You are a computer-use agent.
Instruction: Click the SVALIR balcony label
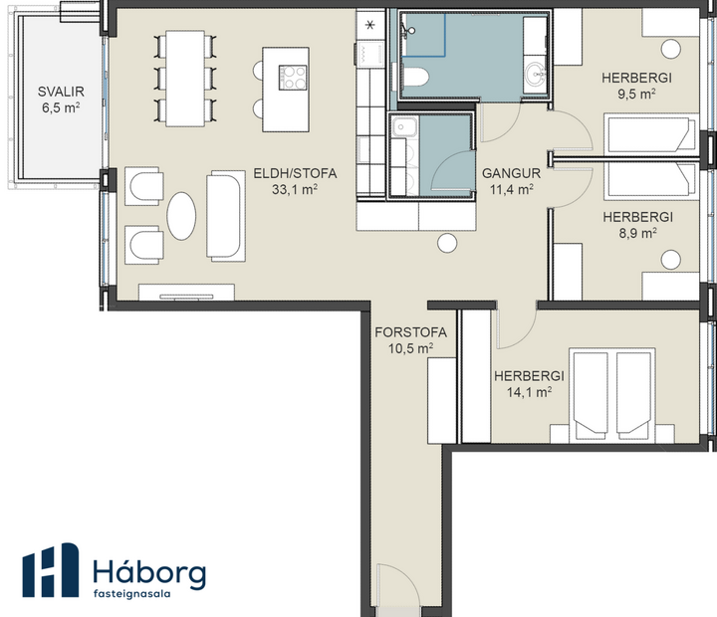click(x=60, y=92)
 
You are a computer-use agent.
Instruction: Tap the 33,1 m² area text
click(x=295, y=189)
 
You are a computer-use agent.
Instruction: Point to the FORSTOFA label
click(x=410, y=332)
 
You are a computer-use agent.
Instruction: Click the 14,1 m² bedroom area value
click(x=530, y=392)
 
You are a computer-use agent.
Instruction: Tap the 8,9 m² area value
click(x=637, y=233)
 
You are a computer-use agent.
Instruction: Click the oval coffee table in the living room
click(x=181, y=215)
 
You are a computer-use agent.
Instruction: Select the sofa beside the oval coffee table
click(x=224, y=215)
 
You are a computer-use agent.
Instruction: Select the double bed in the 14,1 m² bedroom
click(x=610, y=392)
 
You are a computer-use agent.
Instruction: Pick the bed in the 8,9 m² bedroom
click(x=649, y=180)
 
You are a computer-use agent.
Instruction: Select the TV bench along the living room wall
click(x=186, y=292)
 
